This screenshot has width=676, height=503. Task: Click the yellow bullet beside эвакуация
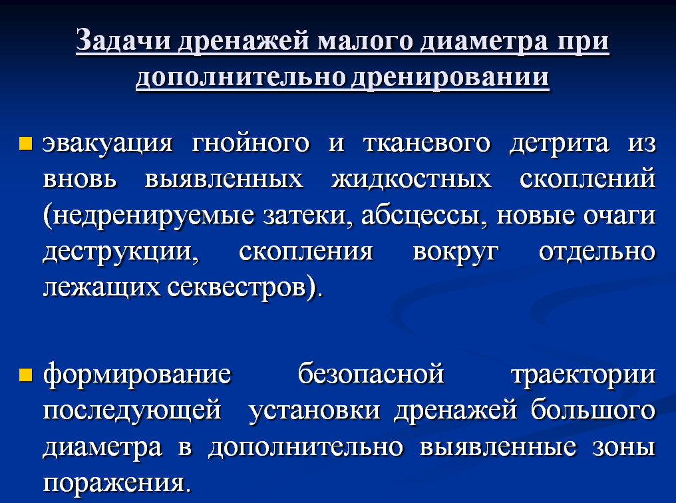point(26,143)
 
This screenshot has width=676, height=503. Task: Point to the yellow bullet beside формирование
point(26,375)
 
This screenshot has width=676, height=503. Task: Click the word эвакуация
point(108,144)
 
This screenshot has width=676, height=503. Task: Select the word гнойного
point(250,144)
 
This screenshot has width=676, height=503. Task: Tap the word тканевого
point(426,143)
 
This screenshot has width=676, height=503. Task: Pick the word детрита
point(559,144)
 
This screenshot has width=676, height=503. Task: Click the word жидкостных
point(411,179)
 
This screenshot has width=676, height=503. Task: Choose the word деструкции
point(120,252)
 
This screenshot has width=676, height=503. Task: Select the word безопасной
point(371,374)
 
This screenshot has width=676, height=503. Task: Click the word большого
point(593,409)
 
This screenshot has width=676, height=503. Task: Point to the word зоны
point(624,447)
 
